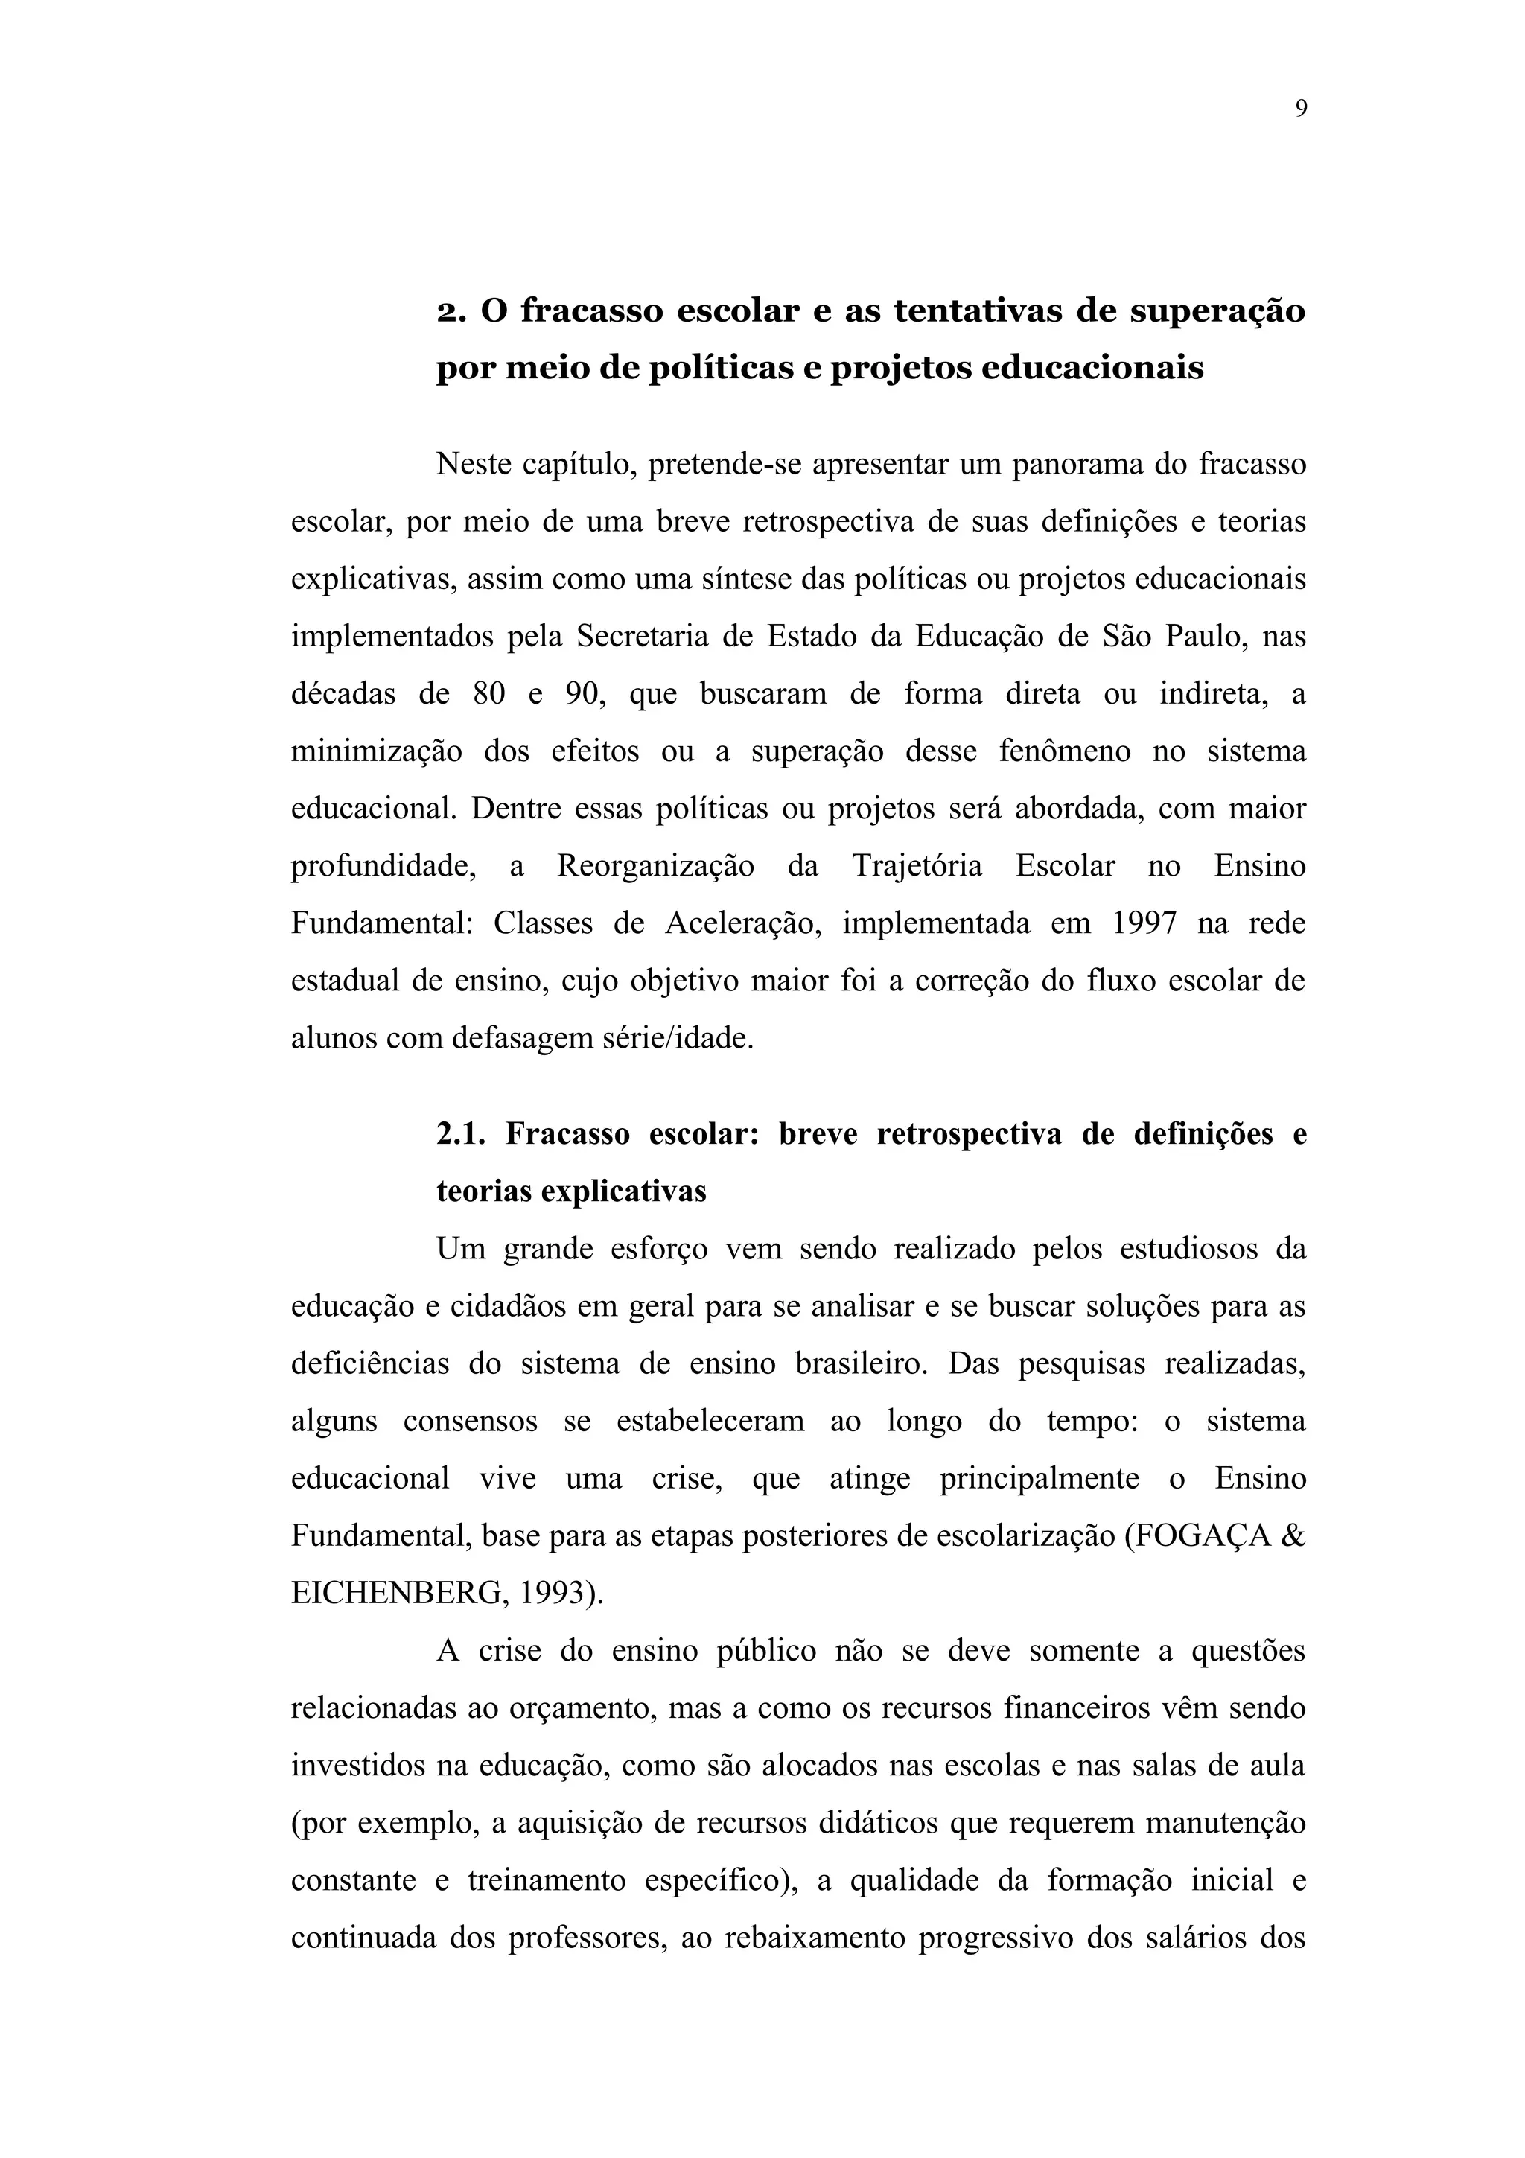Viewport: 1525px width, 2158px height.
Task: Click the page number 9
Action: (x=1300, y=109)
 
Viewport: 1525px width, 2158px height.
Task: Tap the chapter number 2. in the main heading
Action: (x=453, y=311)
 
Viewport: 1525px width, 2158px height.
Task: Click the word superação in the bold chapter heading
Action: (x=1217, y=312)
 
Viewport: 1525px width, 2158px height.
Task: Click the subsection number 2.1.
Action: (x=460, y=1134)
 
